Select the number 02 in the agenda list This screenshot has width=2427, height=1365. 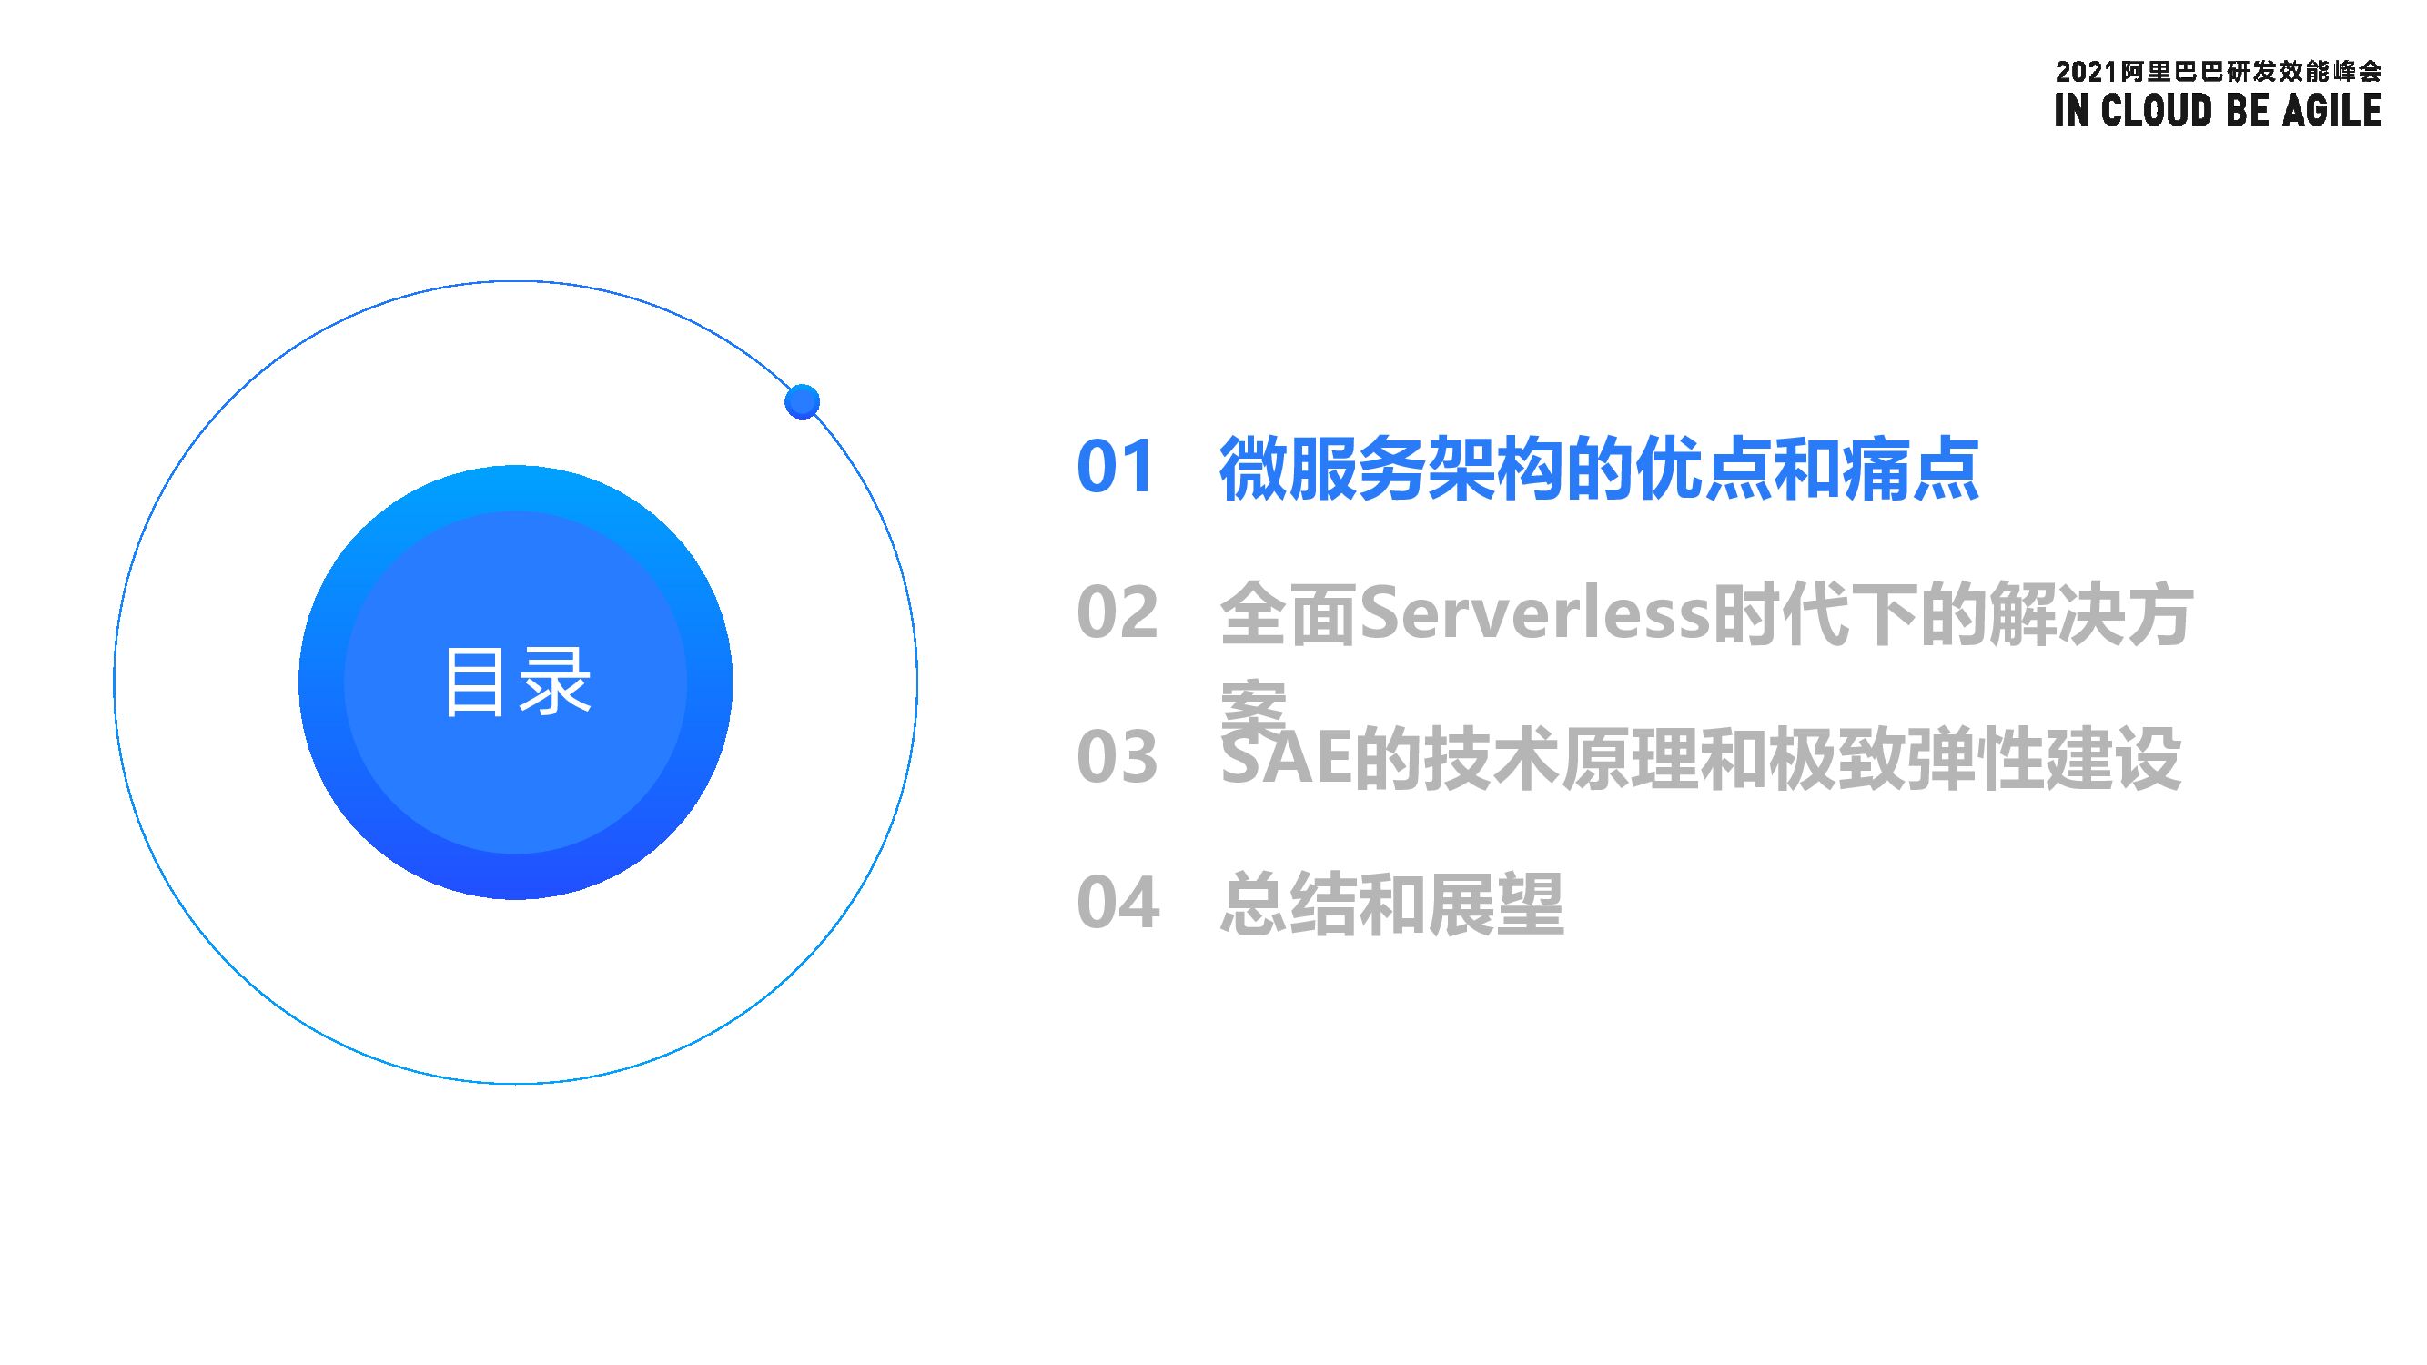1117,612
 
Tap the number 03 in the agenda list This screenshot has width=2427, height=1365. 1117,756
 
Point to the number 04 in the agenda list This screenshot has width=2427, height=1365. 1117,903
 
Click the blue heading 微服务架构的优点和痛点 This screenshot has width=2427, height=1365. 1598,468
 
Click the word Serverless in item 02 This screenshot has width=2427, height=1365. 1534,613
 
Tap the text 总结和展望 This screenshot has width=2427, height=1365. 1391,904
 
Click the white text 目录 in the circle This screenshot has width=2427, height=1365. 516,682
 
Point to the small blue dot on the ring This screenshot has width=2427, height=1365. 802,401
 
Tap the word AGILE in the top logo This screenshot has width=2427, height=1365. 2331,110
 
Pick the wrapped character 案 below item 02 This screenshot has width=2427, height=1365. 1252,706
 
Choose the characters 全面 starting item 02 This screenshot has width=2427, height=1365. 1288,613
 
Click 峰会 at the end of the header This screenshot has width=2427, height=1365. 2355,73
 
